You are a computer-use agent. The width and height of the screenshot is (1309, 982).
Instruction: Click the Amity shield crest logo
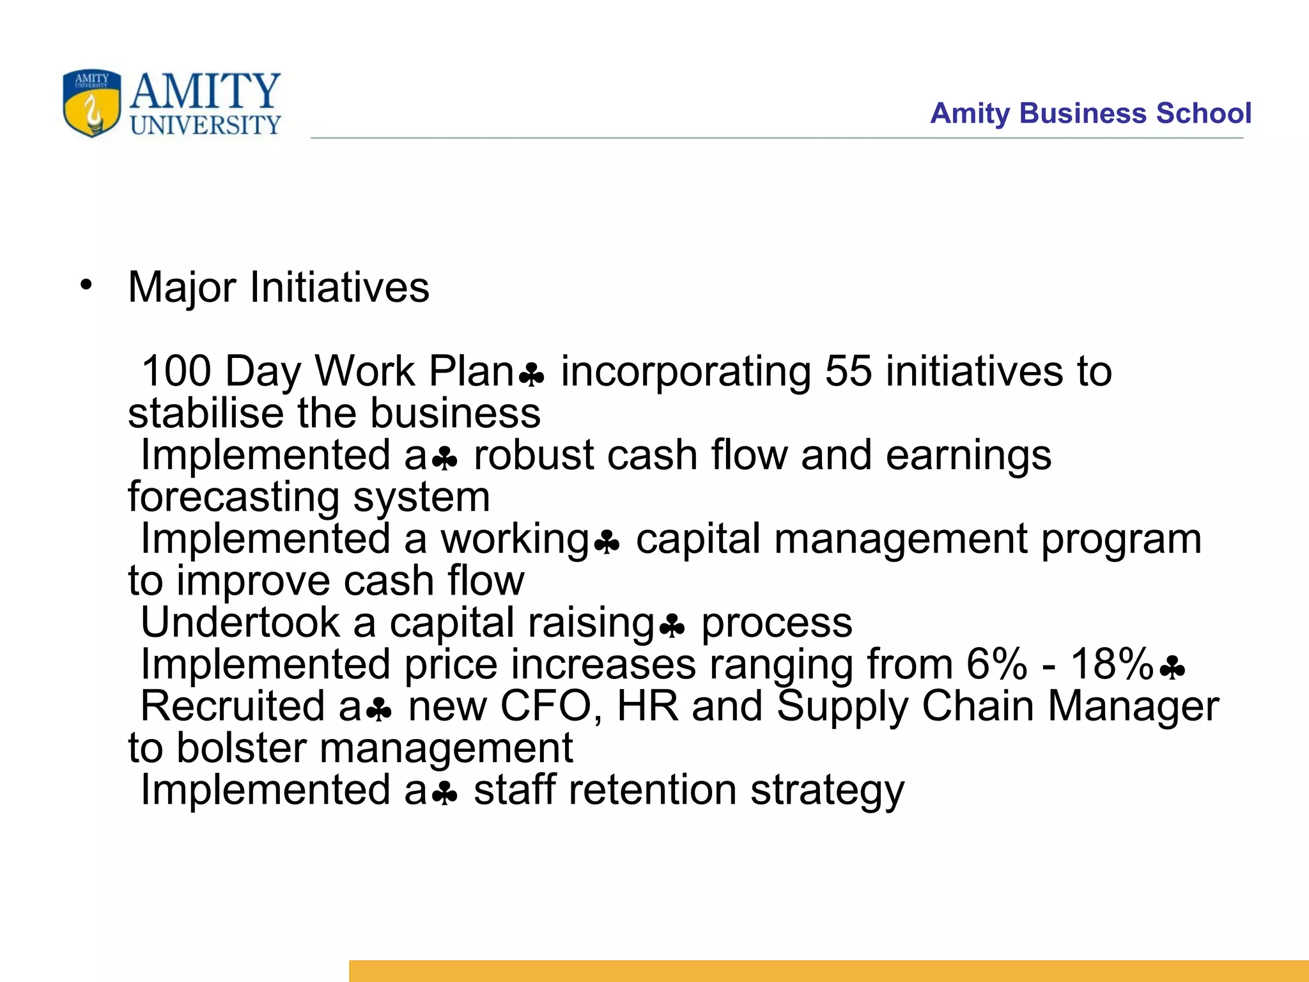(92, 103)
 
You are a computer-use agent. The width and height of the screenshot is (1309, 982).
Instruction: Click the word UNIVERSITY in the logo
(205, 125)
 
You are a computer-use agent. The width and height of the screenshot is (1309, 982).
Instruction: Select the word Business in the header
(1084, 113)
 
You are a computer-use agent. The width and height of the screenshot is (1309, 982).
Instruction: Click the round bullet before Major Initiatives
(86, 285)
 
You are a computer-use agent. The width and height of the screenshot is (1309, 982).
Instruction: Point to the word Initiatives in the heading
(339, 287)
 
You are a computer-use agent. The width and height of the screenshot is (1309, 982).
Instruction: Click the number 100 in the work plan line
(176, 371)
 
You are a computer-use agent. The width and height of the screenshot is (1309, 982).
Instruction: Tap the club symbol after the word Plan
(531, 375)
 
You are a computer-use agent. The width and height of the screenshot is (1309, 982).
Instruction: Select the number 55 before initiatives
(848, 371)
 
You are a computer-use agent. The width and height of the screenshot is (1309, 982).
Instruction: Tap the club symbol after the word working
(606, 543)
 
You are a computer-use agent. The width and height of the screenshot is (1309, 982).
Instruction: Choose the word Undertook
(240, 623)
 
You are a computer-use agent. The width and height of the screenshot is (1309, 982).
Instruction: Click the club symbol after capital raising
(672, 627)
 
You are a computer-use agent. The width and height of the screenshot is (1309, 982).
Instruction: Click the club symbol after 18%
(1172, 669)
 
